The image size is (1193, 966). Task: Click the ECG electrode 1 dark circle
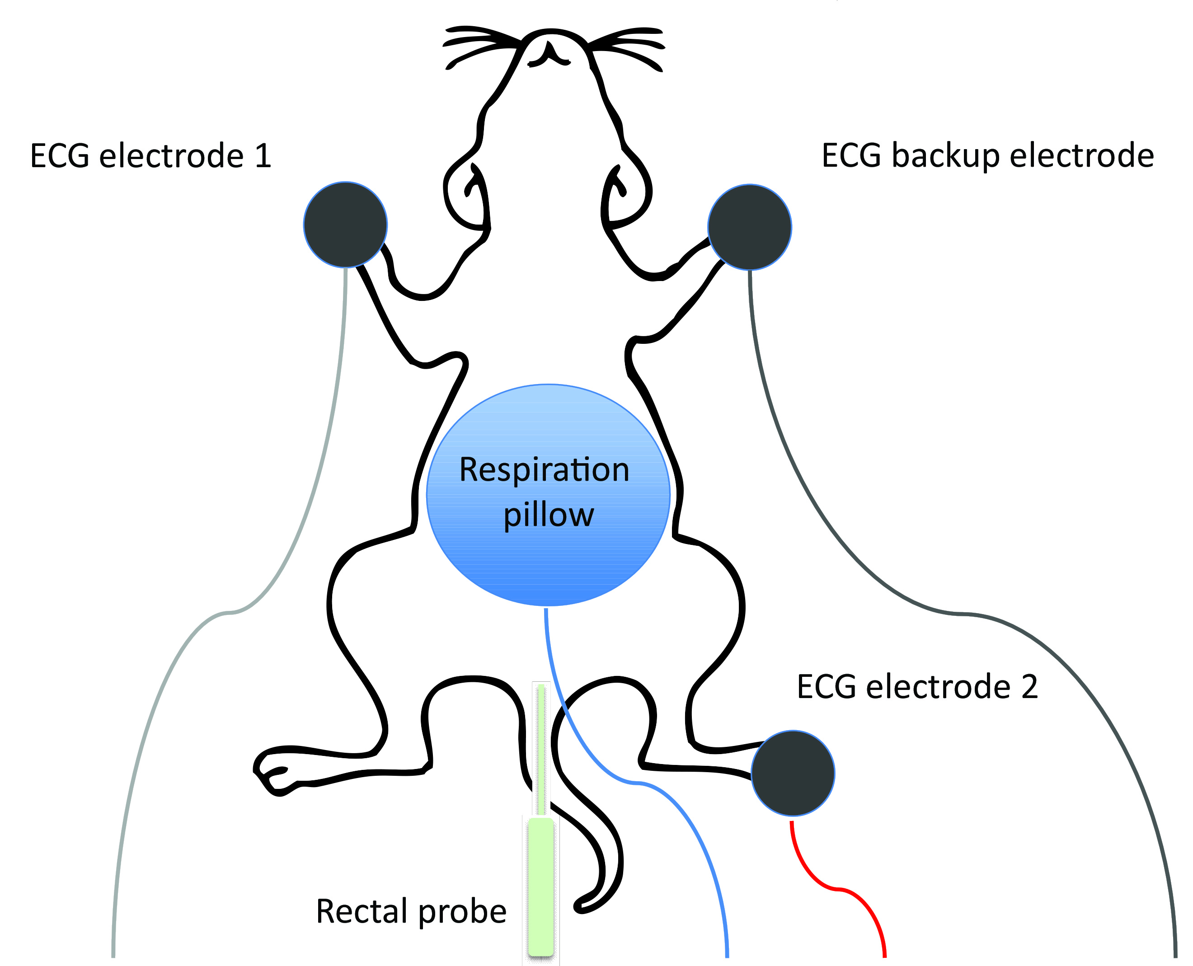pyautogui.click(x=345, y=224)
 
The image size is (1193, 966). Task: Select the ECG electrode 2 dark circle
pyautogui.click(x=792, y=774)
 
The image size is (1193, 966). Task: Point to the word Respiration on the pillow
pyautogui.click(x=544, y=470)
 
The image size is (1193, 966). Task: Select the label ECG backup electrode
pyautogui.click(x=988, y=156)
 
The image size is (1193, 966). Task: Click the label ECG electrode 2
pyautogui.click(x=917, y=687)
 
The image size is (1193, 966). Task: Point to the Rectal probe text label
pyautogui.click(x=411, y=911)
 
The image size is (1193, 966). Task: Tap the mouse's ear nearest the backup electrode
pyautogui.click(x=626, y=195)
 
